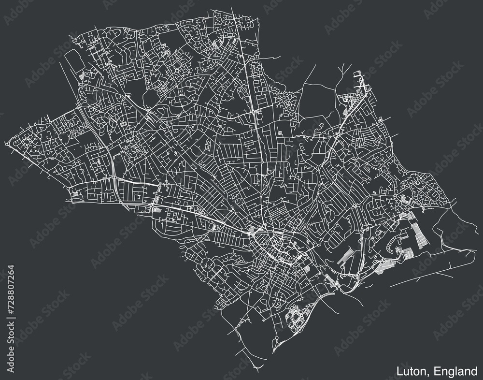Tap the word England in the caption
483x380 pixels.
pos(454,372)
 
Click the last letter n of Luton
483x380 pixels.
pos(424,372)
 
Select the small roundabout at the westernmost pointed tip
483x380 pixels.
pos(8,143)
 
